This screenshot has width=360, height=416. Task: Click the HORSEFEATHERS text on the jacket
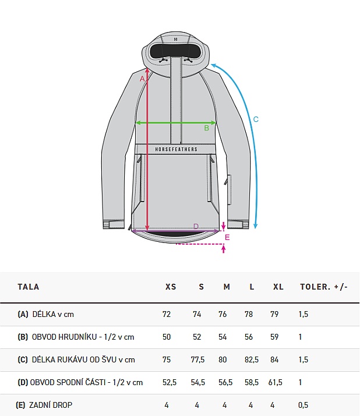(176, 149)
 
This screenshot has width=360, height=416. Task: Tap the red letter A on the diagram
(142, 79)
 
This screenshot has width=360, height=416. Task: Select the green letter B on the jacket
(206, 128)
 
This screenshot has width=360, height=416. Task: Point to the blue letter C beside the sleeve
(256, 119)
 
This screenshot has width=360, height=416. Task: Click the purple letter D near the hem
(196, 226)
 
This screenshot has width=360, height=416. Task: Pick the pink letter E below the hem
(227, 237)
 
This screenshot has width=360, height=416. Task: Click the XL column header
(278, 287)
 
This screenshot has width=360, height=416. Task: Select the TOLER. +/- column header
(324, 287)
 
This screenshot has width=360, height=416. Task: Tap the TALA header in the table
(29, 287)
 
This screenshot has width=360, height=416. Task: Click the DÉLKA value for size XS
(167, 314)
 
